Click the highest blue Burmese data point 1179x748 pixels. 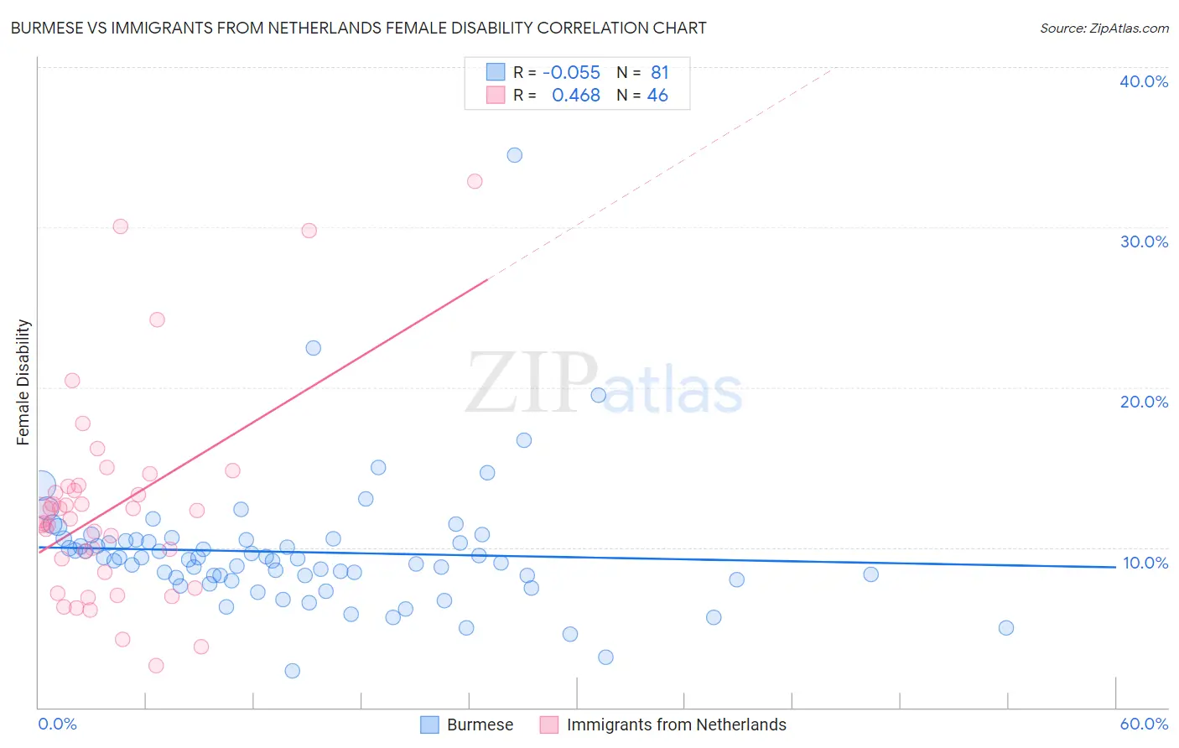tap(515, 155)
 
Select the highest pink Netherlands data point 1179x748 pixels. tap(475, 181)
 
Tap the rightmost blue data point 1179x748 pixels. tap(1006, 628)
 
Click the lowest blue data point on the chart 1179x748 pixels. tap(292, 671)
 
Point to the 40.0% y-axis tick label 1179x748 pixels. tap(1144, 81)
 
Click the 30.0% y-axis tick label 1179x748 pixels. tap(1144, 242)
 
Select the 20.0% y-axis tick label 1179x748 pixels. tap(1144, 402)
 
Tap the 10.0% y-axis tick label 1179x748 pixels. tap(1145, 563)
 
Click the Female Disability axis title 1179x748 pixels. tap(23, 382)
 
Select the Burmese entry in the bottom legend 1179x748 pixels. tap(480, 725)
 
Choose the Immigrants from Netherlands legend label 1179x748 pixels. tap(676, 725)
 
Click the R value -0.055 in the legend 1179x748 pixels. tap(571, 73)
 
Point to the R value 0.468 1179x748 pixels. tap(575, 96)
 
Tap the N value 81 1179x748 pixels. tap(660, 73)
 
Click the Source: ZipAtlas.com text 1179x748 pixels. tap(1104, 29)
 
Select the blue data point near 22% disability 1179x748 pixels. tap(314, 348)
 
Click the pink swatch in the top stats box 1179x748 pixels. tap(496, 96)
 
